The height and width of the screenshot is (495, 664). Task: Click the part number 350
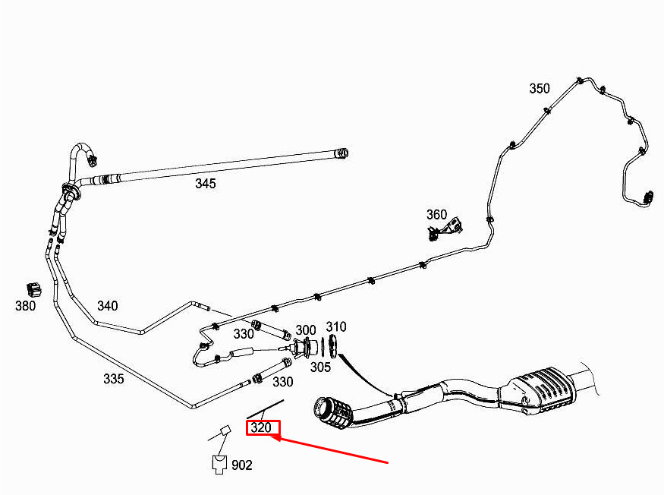pos(540,88)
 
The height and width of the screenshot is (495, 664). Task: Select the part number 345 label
pos(205,184)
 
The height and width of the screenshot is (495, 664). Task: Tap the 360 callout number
pos(436,215)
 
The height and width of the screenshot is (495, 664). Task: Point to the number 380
pos(25,306)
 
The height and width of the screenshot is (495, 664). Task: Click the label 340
pos(107,306)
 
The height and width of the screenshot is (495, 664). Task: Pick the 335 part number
pos(113,379)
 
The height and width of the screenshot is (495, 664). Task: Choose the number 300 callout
pos(306,330)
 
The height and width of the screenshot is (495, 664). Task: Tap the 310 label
pos(335,327)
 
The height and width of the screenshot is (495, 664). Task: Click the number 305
pos(320,367)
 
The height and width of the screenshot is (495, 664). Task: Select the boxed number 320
pos(261,427)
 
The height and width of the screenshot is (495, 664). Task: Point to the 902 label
pos(242,465)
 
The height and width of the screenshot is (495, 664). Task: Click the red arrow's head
pos(278,437)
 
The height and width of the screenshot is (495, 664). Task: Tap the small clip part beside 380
pos(33,289)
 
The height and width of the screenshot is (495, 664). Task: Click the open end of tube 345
pos(343,154)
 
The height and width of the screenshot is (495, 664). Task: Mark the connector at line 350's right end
pos(647,197)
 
